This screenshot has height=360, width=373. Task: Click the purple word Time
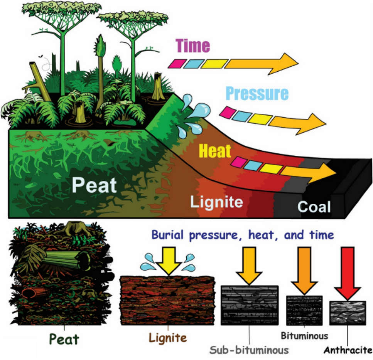(x=193, y=46)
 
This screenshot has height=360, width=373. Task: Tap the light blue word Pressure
(x=257, y=93)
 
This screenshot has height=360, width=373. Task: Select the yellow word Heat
(x=215, y=151)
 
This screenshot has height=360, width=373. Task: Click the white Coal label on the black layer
(x=314, y=207)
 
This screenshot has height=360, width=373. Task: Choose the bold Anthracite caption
(x=348, y=350)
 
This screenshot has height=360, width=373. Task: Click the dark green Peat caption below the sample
(x=64, y=340)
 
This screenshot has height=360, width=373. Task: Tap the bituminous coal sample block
(x=304, y=310)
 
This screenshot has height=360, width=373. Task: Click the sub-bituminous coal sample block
(x=249, y=305)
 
